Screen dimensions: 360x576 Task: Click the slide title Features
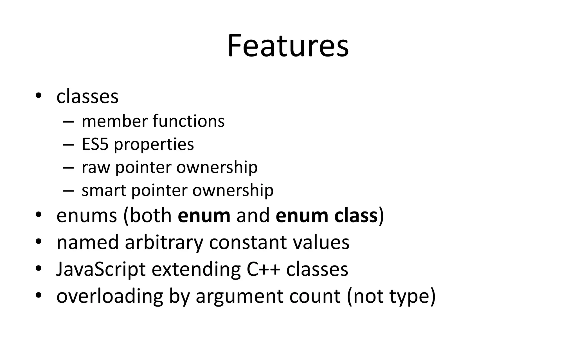coord(288,46)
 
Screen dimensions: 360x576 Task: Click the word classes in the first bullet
coord(87,97)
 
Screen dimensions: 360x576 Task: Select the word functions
coord(189,121)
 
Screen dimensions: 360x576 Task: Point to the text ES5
coord(95,144)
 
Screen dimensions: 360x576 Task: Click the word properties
coord(154,145)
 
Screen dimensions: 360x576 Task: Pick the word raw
coord(96,168)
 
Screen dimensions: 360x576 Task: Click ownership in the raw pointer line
coord(217,168)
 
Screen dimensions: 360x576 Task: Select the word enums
coord(87,216)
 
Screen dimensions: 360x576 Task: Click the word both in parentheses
coord(151,216)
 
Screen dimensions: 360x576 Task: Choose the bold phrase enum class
coord(327,216)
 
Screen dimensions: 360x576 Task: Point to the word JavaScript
coord(101,269)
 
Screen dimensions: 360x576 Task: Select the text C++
coord(263,269)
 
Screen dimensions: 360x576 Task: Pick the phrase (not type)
coord(391,296)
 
